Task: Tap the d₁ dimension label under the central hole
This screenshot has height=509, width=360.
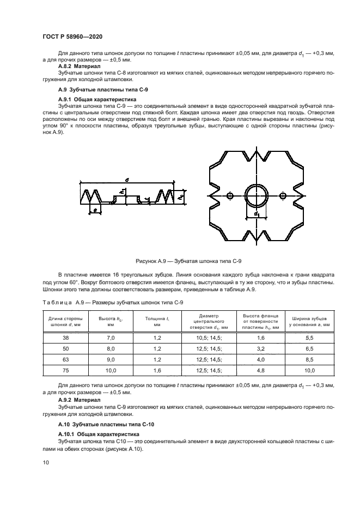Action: coord(256,214)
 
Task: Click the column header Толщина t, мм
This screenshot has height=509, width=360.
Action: coord(156,321)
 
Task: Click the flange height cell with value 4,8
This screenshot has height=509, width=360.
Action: coord(260,370)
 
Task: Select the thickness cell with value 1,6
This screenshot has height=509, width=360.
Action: coord(156,370)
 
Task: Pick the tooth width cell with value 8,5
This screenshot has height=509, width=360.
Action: coord(310,359)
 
